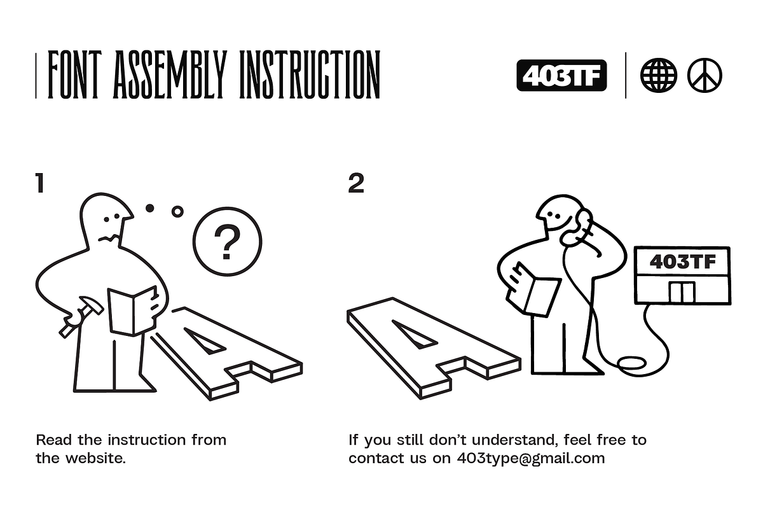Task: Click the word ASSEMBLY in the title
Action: coord(170,74)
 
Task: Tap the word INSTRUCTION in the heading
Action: coord(310,74)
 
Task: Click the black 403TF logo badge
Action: coord(561,75)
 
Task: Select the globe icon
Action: coord(658,75)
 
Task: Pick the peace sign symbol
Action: coord(705,75)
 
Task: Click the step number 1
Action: coord(40,183)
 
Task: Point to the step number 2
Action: coord(356,183)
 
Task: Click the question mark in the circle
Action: coord(227,242)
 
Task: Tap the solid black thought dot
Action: coord(149,208)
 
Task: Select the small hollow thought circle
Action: coord(177,212)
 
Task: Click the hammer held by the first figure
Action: coord(81,317)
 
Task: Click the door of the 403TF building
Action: coord(682,292)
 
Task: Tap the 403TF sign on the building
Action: coord(682,261)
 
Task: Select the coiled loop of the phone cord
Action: coord(632,363)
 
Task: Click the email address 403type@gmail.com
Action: coord(531,459)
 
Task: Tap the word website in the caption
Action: coord(95,458)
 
